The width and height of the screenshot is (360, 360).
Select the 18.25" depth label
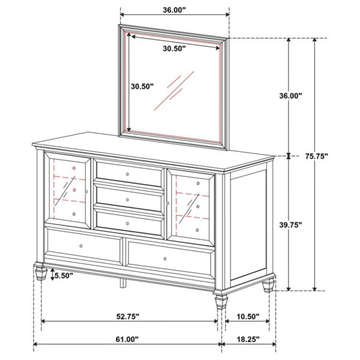248,339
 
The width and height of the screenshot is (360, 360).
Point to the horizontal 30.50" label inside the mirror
173,49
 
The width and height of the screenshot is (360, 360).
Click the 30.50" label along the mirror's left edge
142,86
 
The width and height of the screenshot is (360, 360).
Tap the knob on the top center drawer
128,174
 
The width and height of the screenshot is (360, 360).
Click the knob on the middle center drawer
128,198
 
